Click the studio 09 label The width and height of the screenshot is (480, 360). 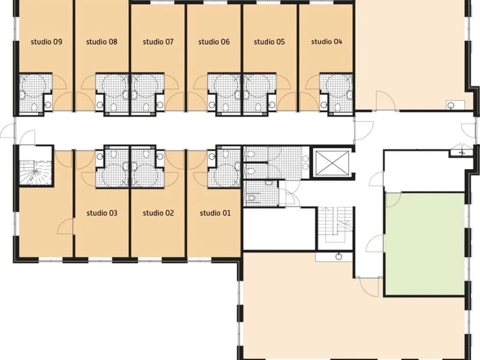(47, 41)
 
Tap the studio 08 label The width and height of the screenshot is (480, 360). (101, 41)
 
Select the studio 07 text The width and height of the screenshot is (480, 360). (158, 41)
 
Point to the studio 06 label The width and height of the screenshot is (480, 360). (214, 41)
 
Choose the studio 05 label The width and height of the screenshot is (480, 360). (269, 41)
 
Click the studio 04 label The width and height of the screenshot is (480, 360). (326, 41)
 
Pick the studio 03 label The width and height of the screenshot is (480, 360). (102, 213)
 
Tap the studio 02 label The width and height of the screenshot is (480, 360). (158, 213)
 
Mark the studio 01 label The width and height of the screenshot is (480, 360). (215, 213)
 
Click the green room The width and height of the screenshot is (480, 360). (425, 244)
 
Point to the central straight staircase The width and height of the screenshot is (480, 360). (335, 224)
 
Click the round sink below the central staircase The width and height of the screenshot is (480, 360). (338, 257)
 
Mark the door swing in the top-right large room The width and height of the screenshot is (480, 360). (386, 101)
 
